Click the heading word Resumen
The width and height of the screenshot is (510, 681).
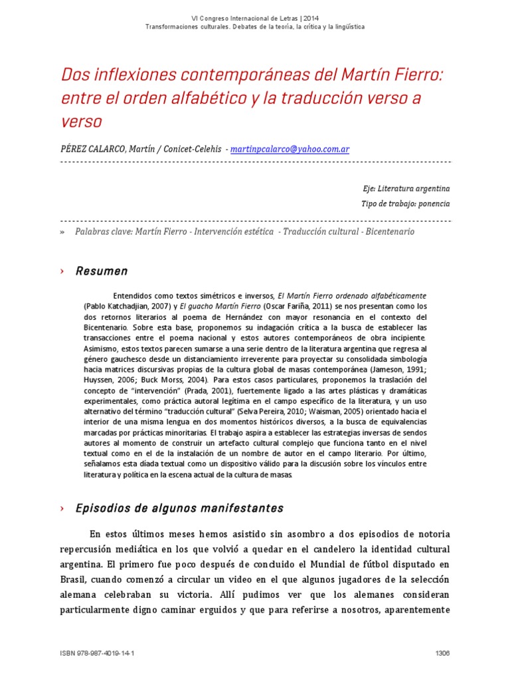[x=102, y=271]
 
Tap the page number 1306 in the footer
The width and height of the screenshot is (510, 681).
[x=442, y=654]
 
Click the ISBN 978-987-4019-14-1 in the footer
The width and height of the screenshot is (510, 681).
[x=97, y=654]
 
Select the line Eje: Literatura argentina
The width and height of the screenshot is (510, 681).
[x=405, y=188]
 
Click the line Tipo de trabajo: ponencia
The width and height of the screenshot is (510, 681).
[x=405, y=204]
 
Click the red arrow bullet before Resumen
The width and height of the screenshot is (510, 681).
[x=62, y=271]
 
